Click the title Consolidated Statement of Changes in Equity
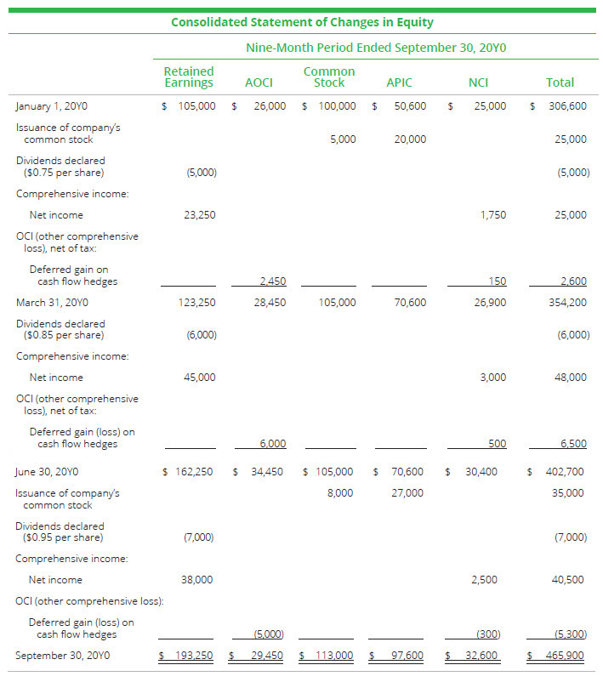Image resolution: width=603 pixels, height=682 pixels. [x=301, y=22]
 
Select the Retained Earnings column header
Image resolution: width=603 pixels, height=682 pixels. [x=189, y=77]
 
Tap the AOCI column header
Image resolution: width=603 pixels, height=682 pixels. [x=259, y=82]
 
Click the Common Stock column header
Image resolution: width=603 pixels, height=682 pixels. [x=329, y=77]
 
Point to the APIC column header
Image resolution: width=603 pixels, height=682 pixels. [x=399, y=82]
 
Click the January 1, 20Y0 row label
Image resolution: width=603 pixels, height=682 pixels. [x=52, y=106]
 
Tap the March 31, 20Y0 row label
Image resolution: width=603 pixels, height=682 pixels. [x=52, y=302]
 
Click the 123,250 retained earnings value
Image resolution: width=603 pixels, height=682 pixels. [x=200, y=302]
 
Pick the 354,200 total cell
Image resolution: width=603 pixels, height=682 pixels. [x=566, y=302]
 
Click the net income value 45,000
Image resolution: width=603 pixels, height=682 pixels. [x=200, y=377]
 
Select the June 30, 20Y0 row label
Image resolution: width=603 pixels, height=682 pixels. [x=50, y=471]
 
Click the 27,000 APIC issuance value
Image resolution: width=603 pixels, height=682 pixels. [x=407, y=492]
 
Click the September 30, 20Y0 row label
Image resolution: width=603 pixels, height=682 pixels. [x=62, y=656]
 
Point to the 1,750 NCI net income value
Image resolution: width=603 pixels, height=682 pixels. [x=493, y=215]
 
